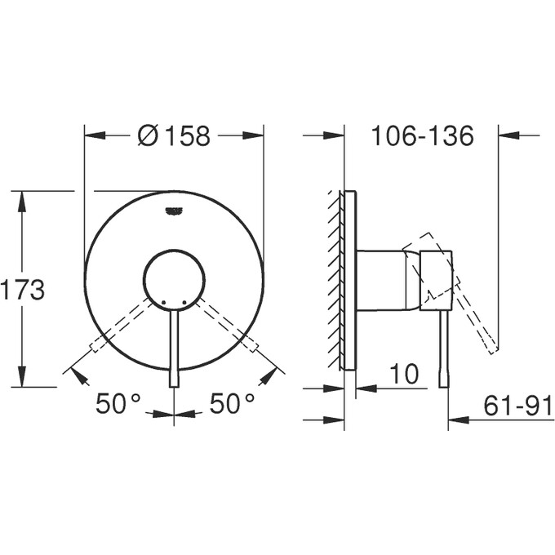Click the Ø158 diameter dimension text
(x=174, y=136)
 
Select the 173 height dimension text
(x=23, y=289)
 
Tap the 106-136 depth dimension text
(x=421, y=136)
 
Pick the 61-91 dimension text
(x=513, y=405)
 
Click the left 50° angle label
(x=118, y=403)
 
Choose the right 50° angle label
(x=233, y=403)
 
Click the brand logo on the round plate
(x=175, y=211)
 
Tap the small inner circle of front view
(x=174, y=280)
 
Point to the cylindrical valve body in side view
(x=380, y=280)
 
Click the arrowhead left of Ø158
(x=95, y=136)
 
